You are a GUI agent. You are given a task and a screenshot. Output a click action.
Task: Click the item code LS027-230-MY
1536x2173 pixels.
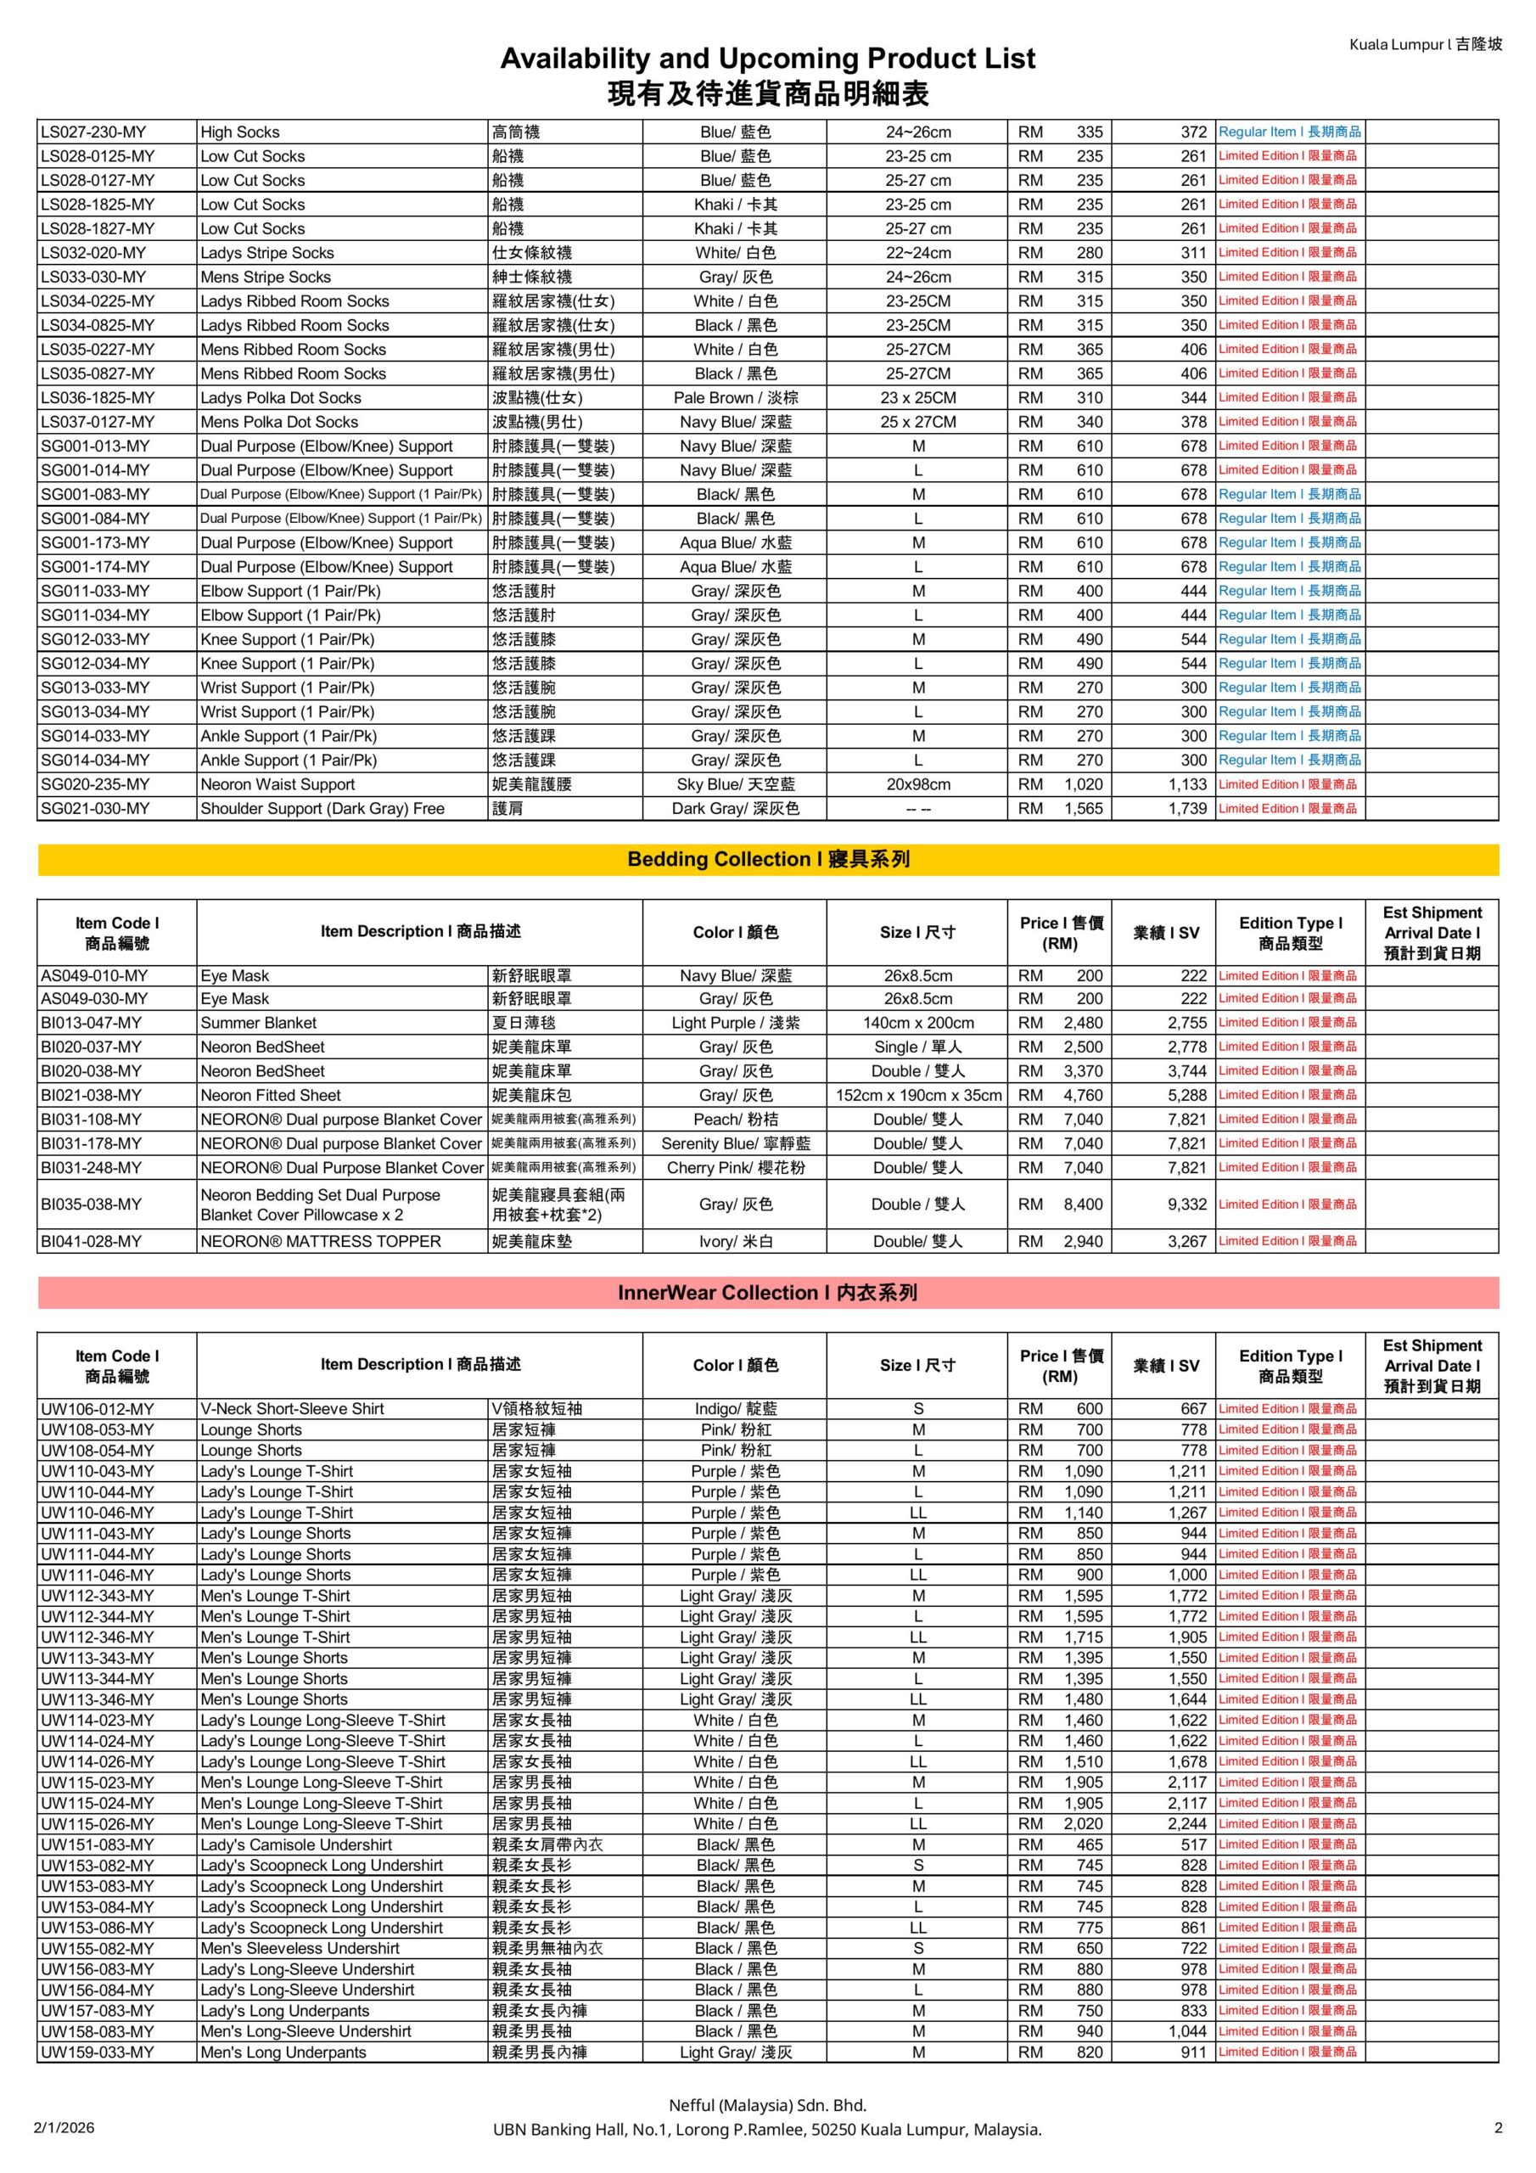click(x=92, y=132)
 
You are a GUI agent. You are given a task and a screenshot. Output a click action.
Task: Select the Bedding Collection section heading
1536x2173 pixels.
click(x=767, y=859)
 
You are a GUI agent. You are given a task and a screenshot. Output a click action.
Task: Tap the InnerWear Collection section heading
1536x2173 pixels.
click(x=767, y=1293)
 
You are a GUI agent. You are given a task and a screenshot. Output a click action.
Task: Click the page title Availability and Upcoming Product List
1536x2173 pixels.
click(x=767, y=59)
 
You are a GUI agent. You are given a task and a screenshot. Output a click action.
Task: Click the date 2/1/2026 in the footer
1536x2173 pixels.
click(x=64, y=2127)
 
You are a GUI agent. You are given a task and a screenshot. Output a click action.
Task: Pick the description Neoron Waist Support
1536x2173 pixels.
click(x=277, y=784)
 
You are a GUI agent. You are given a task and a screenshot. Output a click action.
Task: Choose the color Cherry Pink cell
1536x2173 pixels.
click(x=736, y=1168)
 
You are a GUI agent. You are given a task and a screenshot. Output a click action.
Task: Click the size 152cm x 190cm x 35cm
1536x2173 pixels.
click(x=918, y=1095)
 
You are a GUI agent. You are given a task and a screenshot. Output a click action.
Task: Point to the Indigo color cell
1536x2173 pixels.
click(x=736, y=1408)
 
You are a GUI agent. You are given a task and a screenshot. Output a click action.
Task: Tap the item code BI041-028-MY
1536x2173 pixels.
click(x=91, y=1241)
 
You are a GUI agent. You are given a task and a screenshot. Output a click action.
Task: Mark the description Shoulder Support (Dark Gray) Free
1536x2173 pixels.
click(x=322, y=808)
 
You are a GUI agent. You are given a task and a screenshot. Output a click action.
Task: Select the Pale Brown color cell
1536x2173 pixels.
click(x=736, y=397)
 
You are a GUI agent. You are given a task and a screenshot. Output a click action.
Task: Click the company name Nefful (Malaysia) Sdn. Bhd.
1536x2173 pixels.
click(x=767, y=2105)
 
